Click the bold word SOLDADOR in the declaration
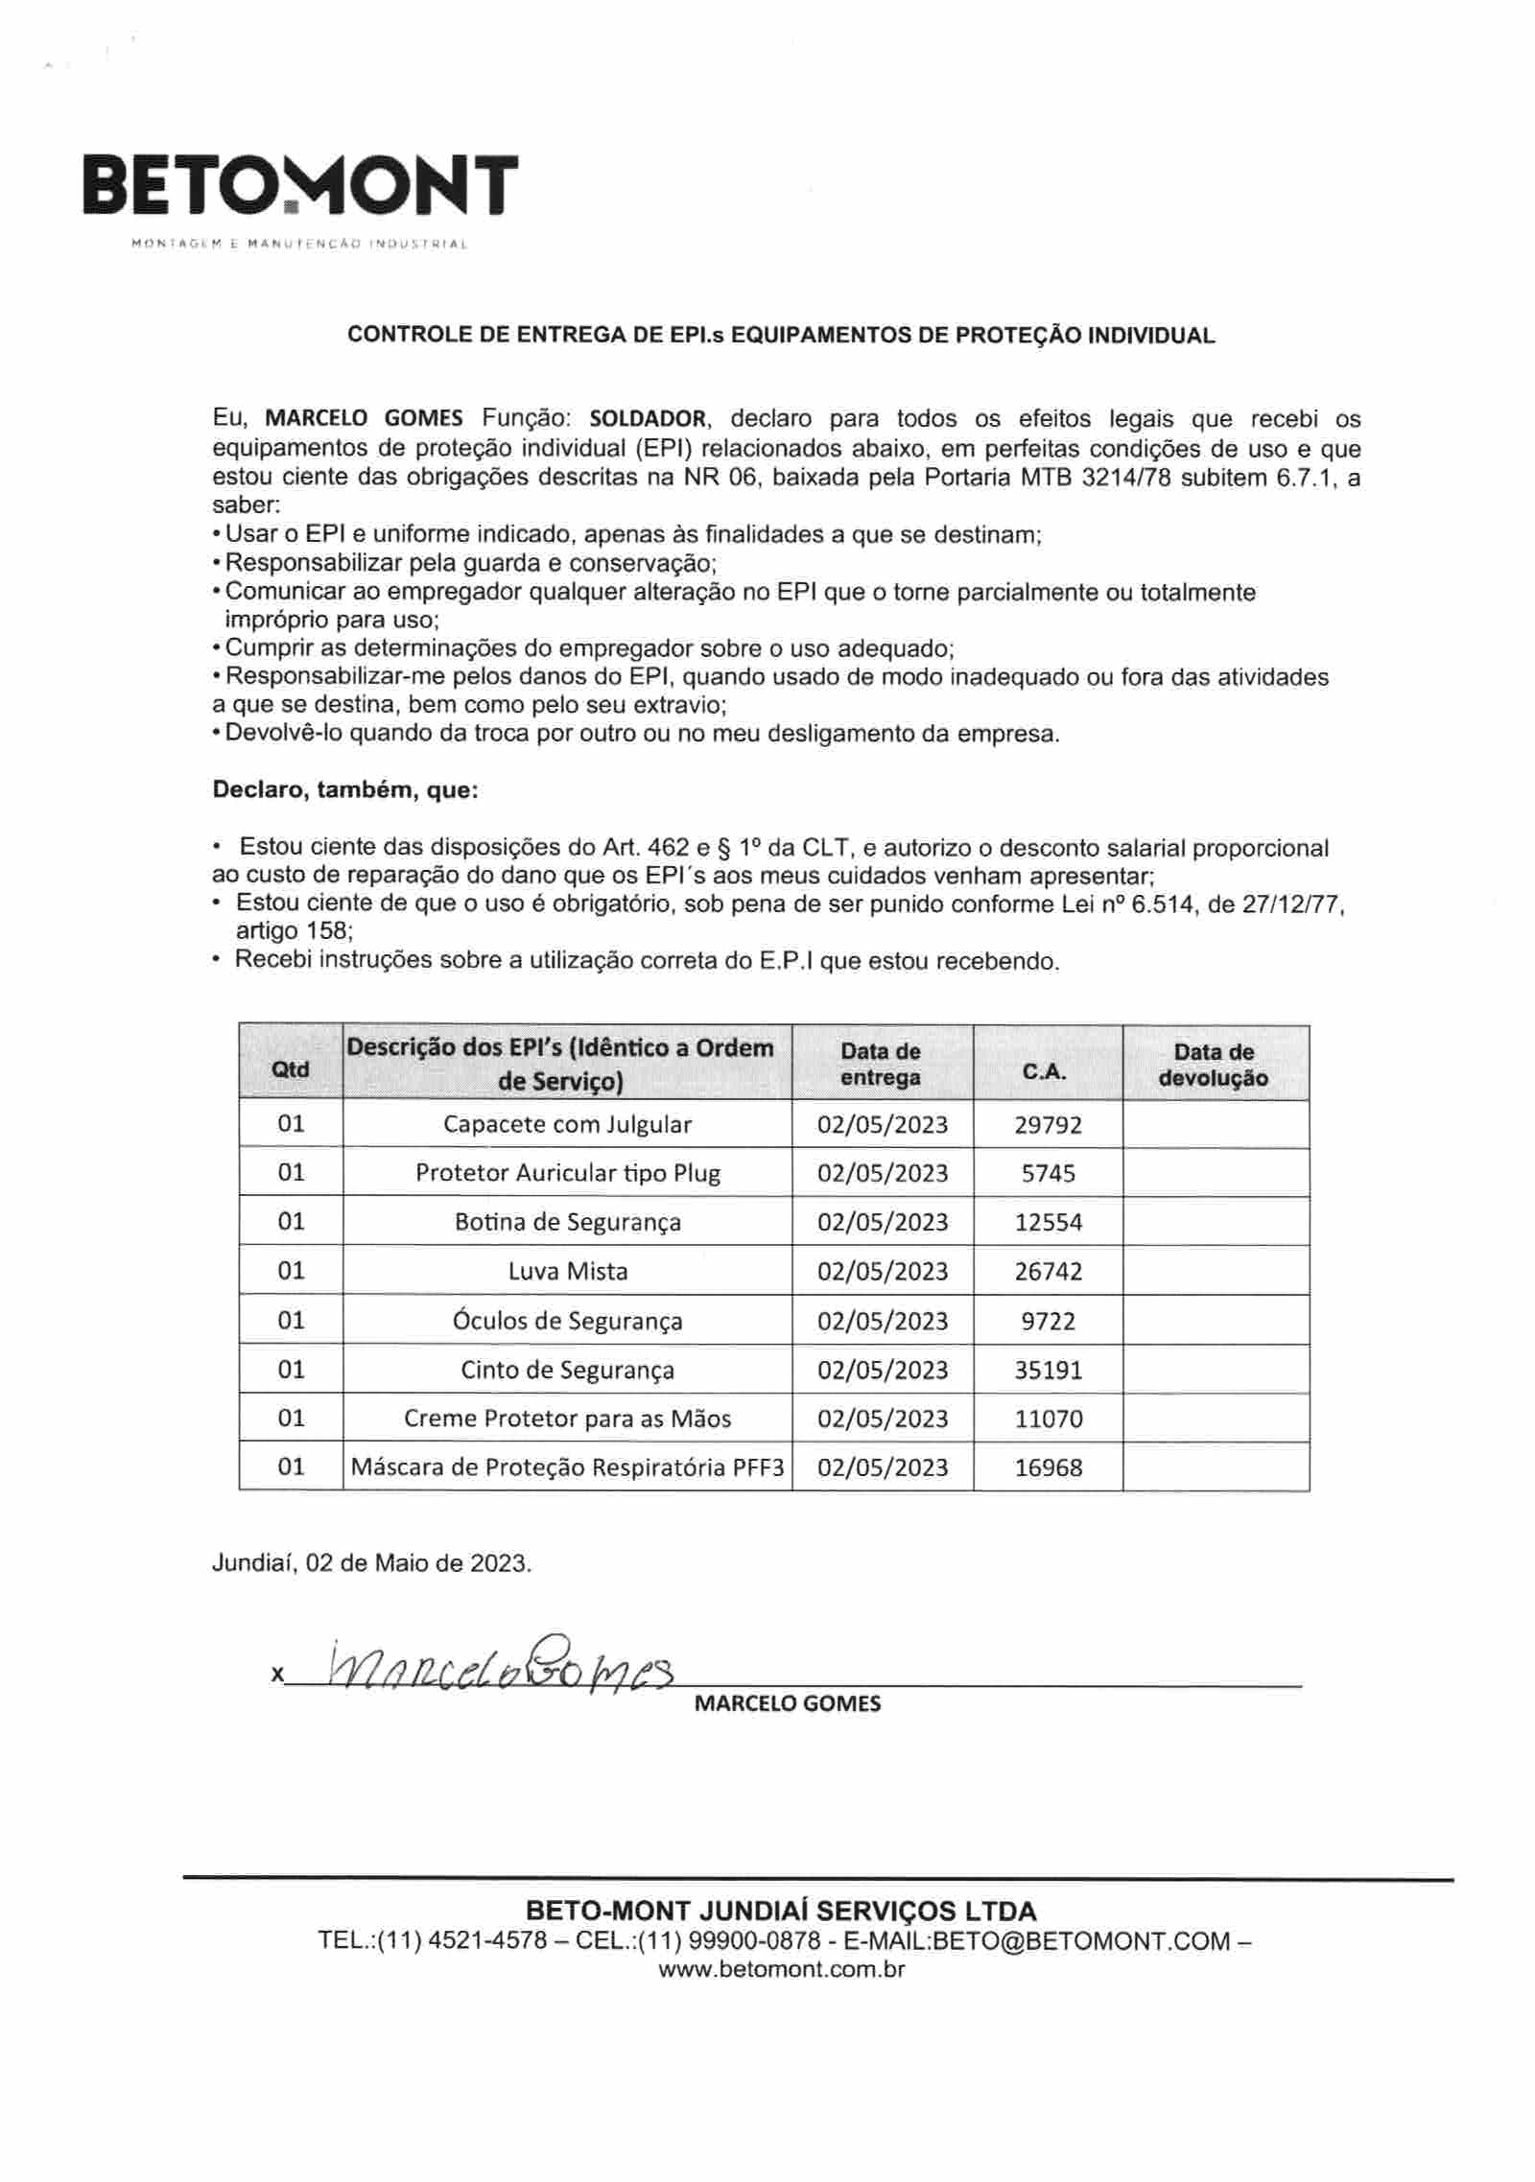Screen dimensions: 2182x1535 click(648, 419)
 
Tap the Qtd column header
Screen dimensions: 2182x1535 click(291, 1068)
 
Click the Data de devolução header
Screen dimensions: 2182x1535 click(1214, 1065)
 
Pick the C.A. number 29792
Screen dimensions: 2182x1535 click(1048, 1124)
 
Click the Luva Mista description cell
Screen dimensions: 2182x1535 click(568, 1271)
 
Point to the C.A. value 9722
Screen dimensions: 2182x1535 click(1048, 1321)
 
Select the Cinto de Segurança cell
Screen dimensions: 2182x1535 click(568, 1370)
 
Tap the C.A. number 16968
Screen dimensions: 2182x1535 click(1048, 1467)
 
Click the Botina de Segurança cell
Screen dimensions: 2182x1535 click(568, 1222)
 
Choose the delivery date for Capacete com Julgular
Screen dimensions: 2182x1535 click(882, 1124)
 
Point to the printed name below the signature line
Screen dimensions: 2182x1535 click(787, 1703)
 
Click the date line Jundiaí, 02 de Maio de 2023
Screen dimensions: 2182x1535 click(371, 1563)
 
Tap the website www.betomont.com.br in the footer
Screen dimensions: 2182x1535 click(781, 1970)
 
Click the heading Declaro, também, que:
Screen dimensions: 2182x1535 click(344, 790)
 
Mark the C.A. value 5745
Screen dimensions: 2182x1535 click(1048, 1173)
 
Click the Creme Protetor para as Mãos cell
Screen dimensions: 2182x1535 click(568, 1419)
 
